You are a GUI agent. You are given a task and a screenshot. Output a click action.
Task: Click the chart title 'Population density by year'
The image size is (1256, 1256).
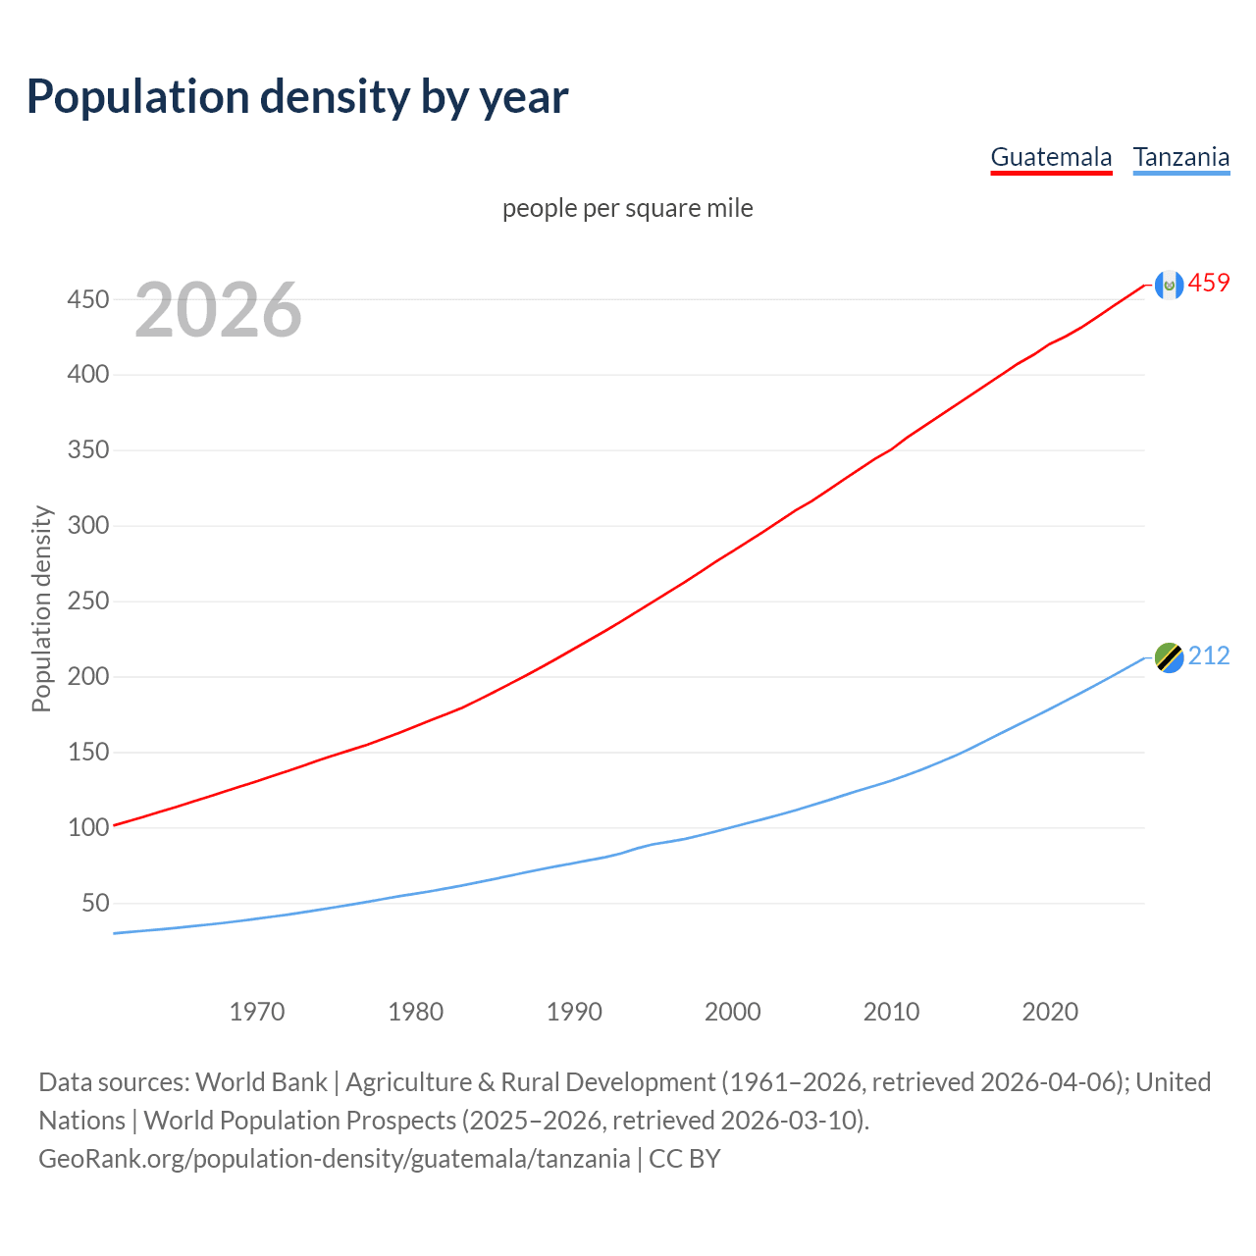click(297, 97)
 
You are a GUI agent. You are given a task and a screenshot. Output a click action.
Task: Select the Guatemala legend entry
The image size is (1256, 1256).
click(1051, 157)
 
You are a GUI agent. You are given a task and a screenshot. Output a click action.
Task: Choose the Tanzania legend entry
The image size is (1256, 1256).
click(1180, 157)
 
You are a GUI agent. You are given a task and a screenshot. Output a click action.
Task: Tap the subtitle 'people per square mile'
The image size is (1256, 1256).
click(628, 208)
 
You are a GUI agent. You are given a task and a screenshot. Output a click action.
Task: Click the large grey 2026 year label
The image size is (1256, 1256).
click(218, 310)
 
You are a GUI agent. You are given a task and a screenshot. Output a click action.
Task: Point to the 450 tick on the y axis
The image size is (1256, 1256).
click(88, 299)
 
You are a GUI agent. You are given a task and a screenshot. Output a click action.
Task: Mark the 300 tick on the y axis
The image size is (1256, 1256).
click(88, 526)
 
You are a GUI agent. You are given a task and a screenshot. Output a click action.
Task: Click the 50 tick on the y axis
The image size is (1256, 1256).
click(95, 903)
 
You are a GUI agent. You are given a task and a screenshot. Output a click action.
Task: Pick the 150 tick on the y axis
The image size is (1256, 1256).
click(88, 753)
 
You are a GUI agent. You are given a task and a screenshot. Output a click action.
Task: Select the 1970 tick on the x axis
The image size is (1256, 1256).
click(257, 1012)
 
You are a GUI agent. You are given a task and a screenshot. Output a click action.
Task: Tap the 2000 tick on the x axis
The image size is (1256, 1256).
click(733, 1012)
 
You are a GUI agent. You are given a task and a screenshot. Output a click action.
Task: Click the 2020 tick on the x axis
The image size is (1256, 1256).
click(1050, 1012)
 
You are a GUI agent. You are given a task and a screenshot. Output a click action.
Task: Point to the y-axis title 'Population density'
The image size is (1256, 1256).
click(41, 608)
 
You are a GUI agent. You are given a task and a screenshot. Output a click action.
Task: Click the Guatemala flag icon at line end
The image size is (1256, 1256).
click(1169, 285)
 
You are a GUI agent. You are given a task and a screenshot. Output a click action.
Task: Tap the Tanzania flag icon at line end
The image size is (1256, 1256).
click(1169, 657)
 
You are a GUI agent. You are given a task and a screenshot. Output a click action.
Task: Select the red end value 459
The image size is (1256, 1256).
click(1209, 284)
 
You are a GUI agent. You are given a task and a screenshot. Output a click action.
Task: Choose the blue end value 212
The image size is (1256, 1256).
click(1209, 656)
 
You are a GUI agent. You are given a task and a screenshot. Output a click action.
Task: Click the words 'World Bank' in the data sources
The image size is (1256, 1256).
click(261, 1082)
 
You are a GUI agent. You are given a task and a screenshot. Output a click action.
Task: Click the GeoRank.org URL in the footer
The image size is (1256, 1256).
click(335, 1159)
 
